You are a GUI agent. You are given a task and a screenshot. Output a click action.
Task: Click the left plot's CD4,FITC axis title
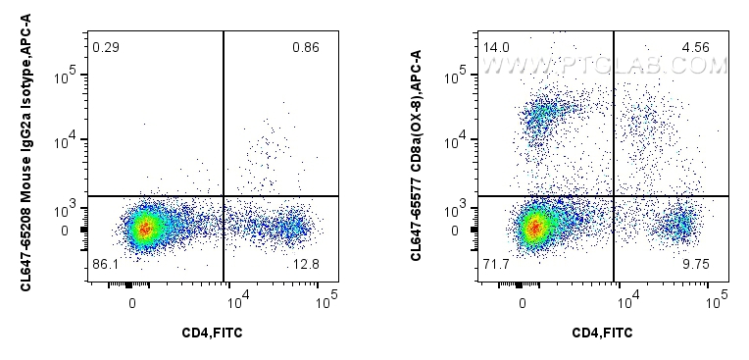pos(212,334)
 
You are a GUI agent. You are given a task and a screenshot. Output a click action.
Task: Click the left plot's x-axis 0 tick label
pos(132,302)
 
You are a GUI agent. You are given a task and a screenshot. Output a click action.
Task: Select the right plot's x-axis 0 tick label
pos(523,302)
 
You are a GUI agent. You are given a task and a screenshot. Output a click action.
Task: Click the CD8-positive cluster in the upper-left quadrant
pos(542,116)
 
